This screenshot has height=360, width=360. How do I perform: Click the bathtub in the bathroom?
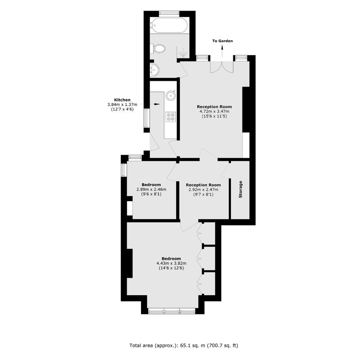pos(169,26)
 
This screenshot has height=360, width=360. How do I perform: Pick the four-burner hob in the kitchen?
pos(171,116)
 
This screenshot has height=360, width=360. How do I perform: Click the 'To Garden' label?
pos(223,41)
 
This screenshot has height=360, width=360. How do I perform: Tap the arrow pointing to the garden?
pos(222,51)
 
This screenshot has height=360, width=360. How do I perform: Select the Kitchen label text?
pos(122,100)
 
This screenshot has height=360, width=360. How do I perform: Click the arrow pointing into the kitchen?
pos(150,104)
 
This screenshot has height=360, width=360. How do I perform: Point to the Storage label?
pos(241,190)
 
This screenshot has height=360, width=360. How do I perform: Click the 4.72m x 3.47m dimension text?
pos(214,111)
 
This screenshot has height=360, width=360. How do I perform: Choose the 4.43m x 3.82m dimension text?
pos(171,263)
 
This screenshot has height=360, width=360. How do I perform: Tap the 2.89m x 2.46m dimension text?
pos(151,190)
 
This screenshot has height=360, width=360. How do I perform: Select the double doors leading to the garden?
pos(222,67)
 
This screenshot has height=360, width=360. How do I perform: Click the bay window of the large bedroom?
pos(172,311)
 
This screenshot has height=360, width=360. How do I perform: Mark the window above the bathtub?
pos(169,13)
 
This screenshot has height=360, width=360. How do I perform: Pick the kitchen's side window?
pos(146,118)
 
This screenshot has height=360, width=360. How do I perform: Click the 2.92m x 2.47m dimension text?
pos(203,190)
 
